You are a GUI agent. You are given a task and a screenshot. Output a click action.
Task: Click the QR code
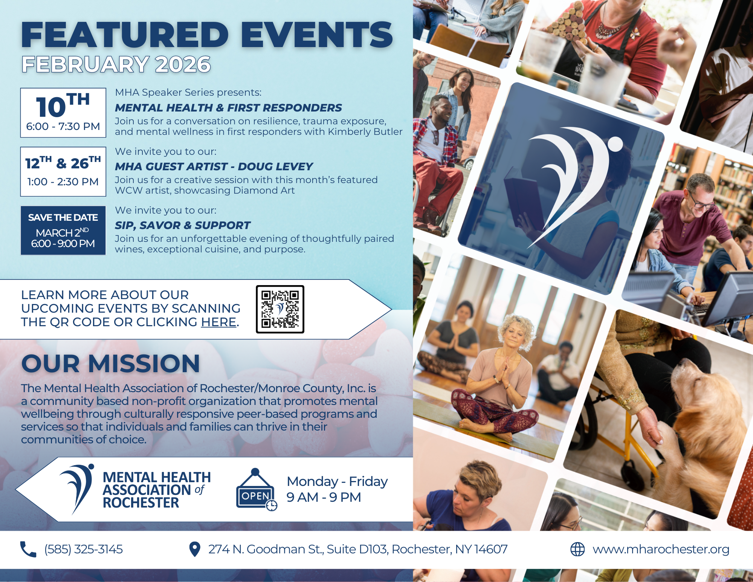[280, 309]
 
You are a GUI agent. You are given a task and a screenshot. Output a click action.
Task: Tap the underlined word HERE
[218, 322]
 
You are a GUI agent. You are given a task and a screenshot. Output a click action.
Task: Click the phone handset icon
[28, 549]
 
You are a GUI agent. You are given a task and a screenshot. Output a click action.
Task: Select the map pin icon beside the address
[194, 549]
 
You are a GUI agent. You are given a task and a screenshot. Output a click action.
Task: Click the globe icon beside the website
[577, 549]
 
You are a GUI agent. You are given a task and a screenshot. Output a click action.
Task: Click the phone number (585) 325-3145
[83, 550]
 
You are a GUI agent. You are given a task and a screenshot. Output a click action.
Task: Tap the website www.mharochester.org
[661, 550]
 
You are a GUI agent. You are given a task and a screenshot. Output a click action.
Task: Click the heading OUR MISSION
[110, 364]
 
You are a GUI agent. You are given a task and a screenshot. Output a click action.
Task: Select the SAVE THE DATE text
[63, 218]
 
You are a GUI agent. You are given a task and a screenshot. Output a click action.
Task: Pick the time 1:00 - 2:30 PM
[63, 182]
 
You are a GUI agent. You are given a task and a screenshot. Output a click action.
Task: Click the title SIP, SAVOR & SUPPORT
[182, 225]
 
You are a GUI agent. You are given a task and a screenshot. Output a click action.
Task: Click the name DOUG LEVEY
[275, 167]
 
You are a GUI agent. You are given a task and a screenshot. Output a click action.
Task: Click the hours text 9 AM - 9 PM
[324, 497]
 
